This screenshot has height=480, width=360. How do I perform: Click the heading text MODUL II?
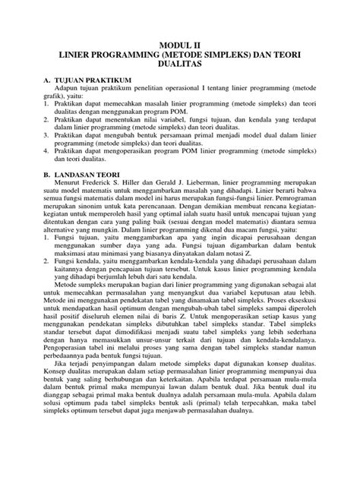point(179,46)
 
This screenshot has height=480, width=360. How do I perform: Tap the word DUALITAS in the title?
point(179,67)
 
